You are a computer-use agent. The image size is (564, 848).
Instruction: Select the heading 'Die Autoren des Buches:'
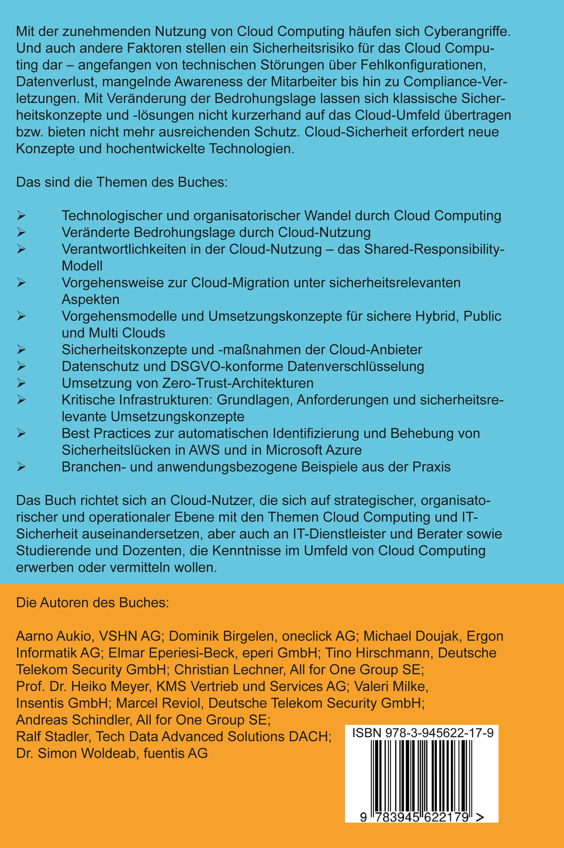pos(92,603)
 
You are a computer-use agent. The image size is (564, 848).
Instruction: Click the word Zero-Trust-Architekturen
pos(238,383)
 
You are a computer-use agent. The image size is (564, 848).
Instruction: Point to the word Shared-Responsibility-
pos(434,249)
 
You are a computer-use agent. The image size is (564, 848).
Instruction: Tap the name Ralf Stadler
pos(52,736)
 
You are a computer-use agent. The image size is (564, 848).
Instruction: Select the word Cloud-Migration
pos(240,282)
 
